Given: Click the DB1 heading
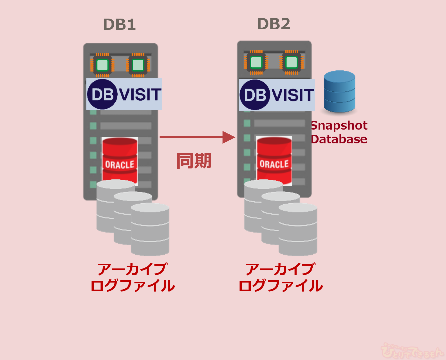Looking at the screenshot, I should [119, 25].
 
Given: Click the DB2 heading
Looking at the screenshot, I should [274, 24].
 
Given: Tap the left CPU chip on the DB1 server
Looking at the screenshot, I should [102, 65].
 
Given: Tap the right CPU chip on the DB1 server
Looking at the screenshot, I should [138, 65].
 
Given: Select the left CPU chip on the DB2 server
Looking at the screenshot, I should [256, 62].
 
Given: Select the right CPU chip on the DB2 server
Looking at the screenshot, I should [292, 62].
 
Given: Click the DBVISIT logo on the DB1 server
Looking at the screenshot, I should [124, 94].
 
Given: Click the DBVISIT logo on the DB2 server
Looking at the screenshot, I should [277, 95].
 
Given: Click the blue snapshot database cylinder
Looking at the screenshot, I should [339, 91].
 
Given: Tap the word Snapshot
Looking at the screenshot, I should [339, 125].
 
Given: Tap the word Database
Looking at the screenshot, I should [339, 139].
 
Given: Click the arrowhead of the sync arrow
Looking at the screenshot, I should [228, 137].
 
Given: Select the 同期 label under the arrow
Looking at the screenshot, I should [194, 161].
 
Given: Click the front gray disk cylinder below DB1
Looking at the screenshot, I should [150, 230].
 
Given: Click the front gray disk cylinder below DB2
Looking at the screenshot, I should [298, 230].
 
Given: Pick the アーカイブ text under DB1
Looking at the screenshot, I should [133, 269].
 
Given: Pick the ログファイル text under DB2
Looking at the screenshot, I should [281, 286].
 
